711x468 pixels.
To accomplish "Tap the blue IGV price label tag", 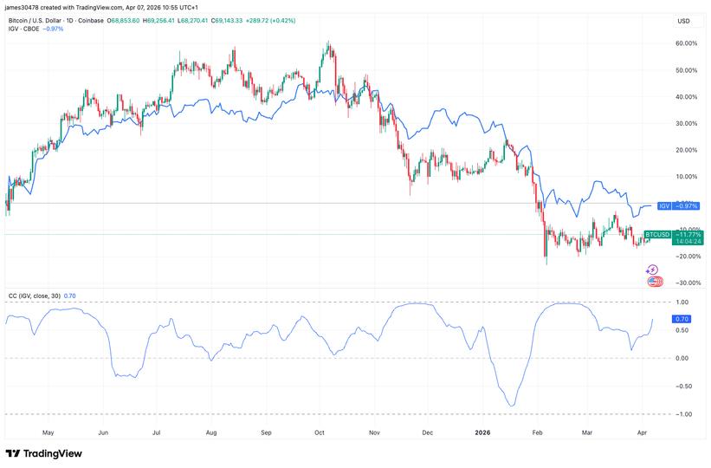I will pos(676,205).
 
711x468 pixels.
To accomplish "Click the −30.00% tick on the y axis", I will pos(685,283).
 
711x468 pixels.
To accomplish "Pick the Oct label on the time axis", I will pos(319,431).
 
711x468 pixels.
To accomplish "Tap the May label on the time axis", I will pos(48,431).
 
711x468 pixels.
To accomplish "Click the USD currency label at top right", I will pos(683,21).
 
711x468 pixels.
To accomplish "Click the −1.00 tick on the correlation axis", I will pos(682,414).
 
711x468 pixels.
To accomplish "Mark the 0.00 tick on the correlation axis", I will pos(683,358).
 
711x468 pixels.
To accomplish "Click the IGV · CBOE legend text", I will pos(25,29).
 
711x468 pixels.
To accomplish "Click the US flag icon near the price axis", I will pos(655,281).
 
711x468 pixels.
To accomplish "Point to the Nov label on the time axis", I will pos(374,431).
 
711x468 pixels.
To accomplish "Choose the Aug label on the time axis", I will pos(211,431).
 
